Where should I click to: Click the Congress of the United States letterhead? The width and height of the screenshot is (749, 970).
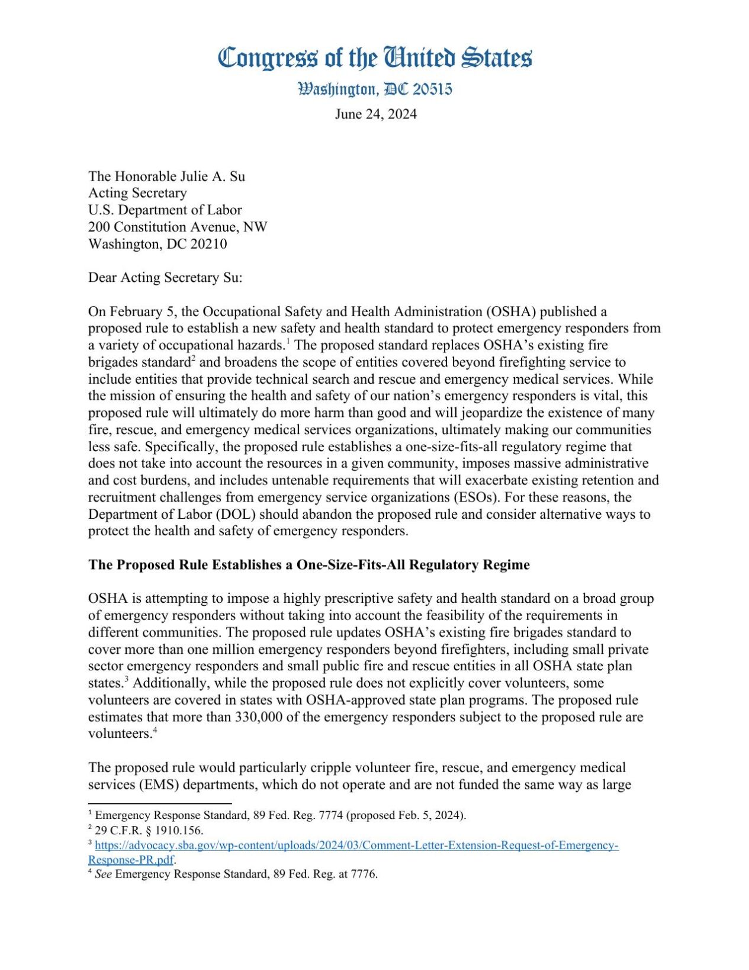(x=374, y=58)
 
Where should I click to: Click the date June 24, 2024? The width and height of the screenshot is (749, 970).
(x=375, y=114)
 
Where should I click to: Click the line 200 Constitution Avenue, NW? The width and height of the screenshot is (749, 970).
(x=178, y=227)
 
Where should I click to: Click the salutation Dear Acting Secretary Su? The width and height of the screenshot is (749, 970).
(x=165, y=278)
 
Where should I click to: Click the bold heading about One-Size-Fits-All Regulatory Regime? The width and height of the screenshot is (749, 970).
(x=308, y=564)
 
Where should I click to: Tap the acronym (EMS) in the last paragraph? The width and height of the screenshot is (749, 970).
(x=159, y=785)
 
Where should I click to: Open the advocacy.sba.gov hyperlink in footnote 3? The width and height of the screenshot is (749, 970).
(x=356, y=845)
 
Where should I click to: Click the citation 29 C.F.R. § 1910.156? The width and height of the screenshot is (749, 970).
(x=149, y=830)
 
